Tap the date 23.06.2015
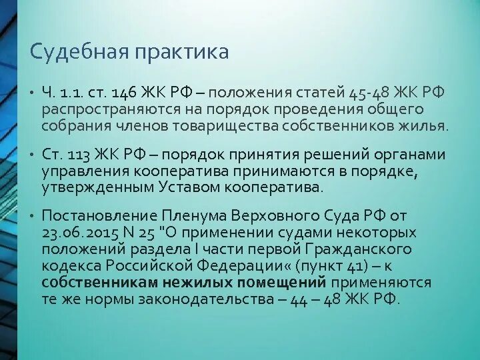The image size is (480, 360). pyautogui.click(x=78, y=233)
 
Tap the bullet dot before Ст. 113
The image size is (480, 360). pyautogui.click(x=31, y=156)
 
